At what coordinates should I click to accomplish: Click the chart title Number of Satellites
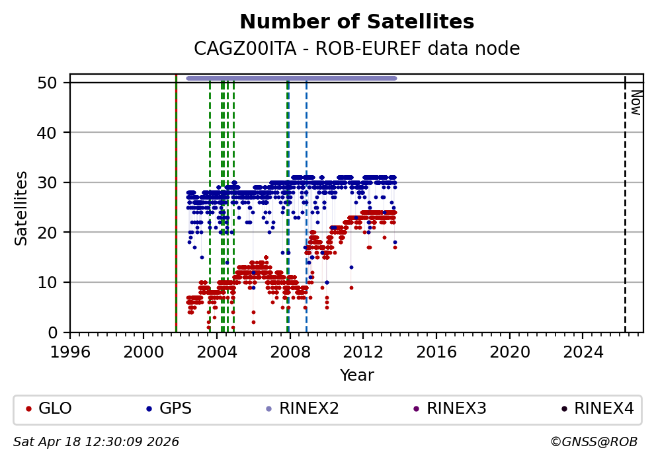tap(356, 22)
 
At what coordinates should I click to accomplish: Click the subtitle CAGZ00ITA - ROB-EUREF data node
tap(356, 49)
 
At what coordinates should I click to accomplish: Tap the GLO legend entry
tap(55, 408)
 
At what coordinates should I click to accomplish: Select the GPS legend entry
tap(175, 408)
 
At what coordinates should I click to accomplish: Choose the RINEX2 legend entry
tap(309, 408)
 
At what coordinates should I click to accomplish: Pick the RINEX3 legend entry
tap(456, 408)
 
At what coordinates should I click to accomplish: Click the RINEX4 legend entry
tap(604, 408)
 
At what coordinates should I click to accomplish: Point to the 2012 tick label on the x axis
tap(363, 351)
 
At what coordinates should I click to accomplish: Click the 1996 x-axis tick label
tap(70, 351)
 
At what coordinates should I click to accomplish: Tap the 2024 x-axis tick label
tap(583, 351)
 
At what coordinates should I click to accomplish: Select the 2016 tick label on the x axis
tap(436, 351)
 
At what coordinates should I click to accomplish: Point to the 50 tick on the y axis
tap(53, 83)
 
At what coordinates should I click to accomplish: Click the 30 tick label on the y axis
tap(53, 182)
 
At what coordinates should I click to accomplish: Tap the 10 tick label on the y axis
tap(53, 282)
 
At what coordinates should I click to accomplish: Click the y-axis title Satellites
tap(21, 208)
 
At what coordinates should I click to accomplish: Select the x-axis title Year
tap(356, 375)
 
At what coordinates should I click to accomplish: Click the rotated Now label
tap(635, 102)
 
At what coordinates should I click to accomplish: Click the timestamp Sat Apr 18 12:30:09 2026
tap(97, 442)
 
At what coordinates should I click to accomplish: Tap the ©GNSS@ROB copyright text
tap(593, 442)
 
